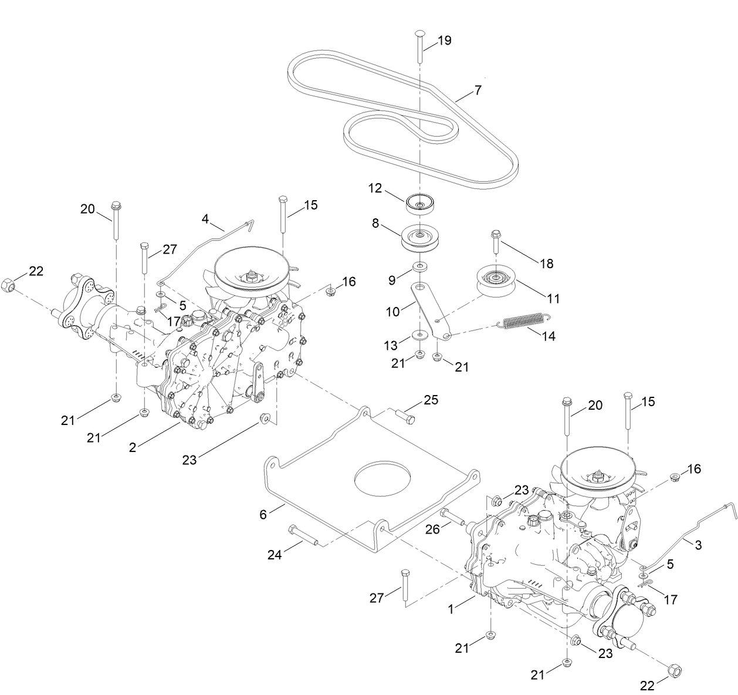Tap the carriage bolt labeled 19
click(420, 44)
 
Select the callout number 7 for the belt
click(478, 90)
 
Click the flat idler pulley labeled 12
click(420, 205)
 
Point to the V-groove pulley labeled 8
click(420, 238)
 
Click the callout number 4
click(205, 219)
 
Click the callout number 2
click(133, 447)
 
